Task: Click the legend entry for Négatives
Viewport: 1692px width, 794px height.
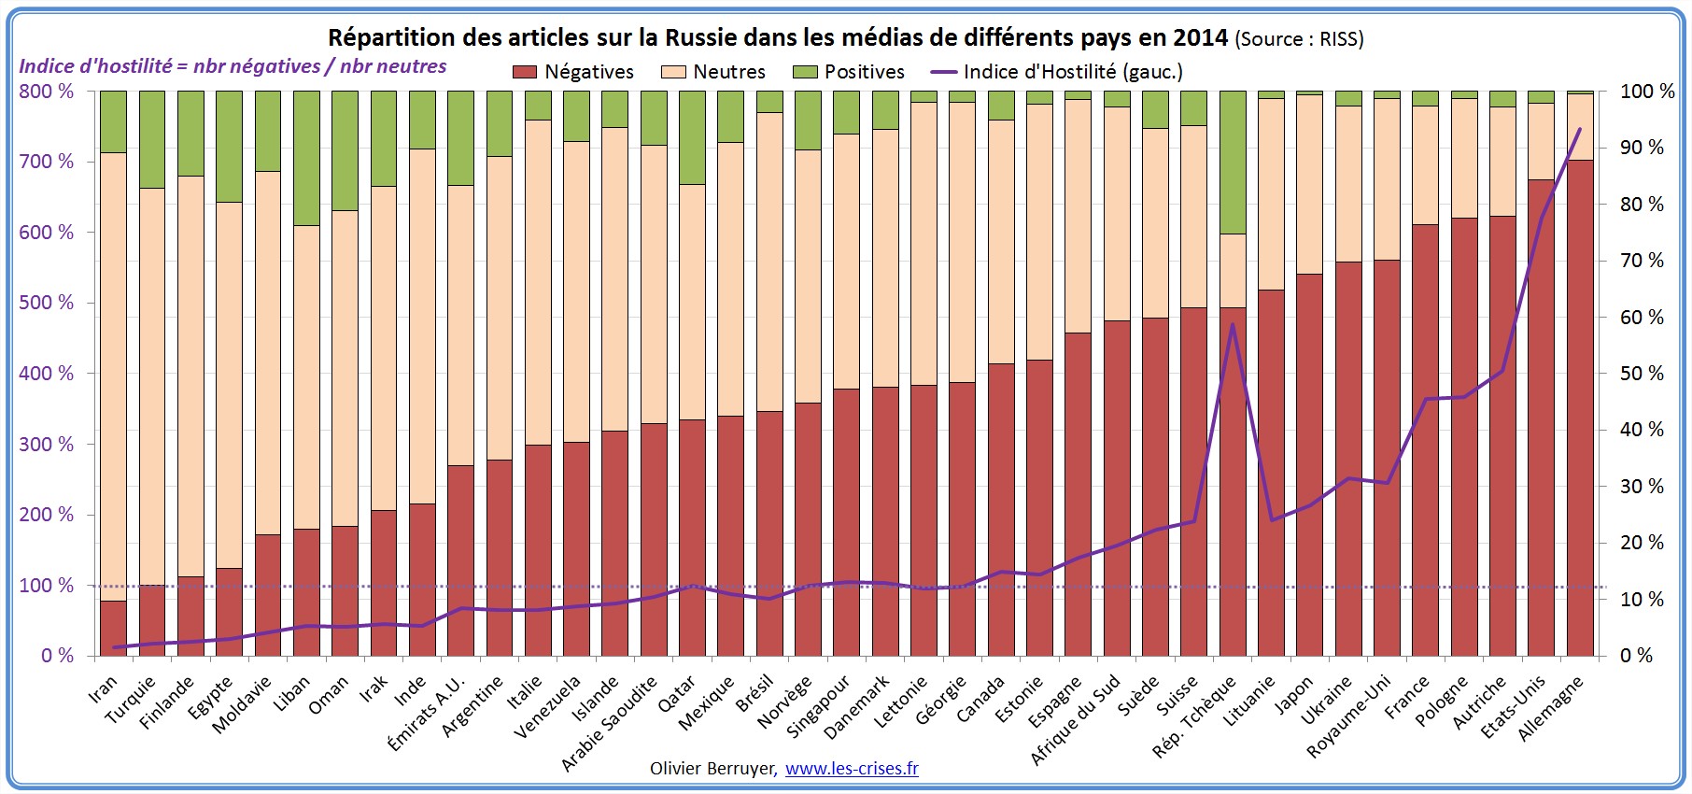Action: pos(573,72)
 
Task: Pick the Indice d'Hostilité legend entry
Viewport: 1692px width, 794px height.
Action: pos(1057,72)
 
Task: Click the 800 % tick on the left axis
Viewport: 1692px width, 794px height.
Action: pos(46,92)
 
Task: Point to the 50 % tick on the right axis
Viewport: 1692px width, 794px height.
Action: pos(1642,374)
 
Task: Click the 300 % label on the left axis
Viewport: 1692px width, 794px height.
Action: pos(46,445)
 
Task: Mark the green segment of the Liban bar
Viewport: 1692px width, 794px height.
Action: pos(306,158)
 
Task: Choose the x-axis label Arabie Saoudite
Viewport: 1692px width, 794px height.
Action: pos(610,724)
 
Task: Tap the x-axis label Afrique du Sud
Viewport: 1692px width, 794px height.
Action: pos(1075,720)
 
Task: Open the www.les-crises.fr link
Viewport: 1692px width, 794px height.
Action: pos(851,769)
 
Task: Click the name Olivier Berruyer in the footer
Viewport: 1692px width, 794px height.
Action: pos(712,769)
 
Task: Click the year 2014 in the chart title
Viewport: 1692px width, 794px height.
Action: pos(1200,37)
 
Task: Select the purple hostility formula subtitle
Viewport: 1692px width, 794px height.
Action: pos(233,66)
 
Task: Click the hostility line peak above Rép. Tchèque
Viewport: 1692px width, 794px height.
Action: pos(1233,325)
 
